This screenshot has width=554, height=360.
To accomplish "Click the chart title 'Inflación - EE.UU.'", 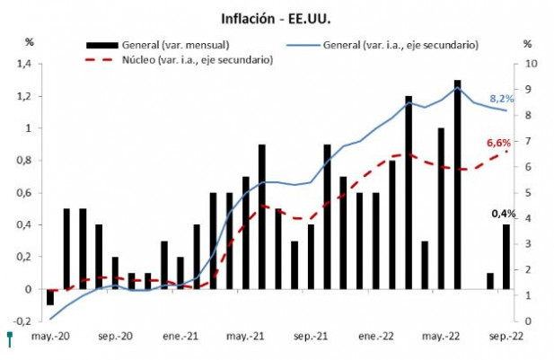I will (x=276, y=17).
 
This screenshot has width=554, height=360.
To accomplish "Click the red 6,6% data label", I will (x=498, y=144).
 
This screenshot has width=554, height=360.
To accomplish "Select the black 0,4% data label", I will (x=502, y=213).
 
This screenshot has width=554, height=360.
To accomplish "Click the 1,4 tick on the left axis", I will (x=24, y=64).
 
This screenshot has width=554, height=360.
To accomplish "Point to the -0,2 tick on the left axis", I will (x=22, y=321).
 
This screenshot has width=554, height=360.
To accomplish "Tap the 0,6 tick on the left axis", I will (x=24, y=193).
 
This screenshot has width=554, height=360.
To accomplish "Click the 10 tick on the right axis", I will (x=530, y=64).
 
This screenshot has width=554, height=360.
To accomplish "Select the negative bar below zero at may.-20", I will (x=50, y=297).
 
